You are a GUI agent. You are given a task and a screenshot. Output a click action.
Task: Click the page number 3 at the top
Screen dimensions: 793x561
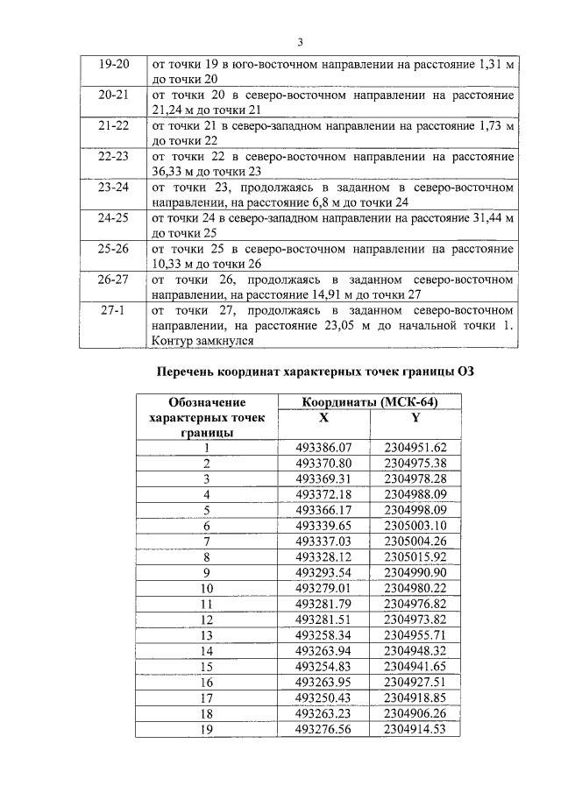coord(300,41)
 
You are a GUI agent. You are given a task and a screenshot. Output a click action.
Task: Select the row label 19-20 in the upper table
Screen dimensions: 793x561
coord(114,65)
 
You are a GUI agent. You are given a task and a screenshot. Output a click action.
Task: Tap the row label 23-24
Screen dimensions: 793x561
coord(114,188)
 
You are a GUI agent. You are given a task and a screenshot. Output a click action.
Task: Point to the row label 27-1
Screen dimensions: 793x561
coord(114,310)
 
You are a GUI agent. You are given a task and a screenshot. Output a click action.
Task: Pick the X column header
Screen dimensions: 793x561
coord(323,417)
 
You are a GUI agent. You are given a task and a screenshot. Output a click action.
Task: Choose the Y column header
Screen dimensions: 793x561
coord(415,417)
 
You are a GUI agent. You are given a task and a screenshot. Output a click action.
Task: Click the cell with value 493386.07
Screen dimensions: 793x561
coord(323,447)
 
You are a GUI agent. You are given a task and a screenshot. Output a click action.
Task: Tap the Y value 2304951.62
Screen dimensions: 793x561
coord(415,447)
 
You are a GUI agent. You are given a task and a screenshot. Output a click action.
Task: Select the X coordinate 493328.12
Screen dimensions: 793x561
coord(323,556)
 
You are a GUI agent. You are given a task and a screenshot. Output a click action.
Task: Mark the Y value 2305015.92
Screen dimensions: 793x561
coord(415,556)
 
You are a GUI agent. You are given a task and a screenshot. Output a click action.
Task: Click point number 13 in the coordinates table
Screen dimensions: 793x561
coord(207,634)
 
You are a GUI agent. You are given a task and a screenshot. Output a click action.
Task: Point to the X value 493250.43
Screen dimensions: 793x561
coord(323,697)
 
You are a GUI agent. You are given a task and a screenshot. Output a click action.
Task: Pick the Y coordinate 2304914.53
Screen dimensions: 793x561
coord(415,729)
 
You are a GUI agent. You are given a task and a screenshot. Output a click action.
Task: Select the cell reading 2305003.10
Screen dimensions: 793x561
coord(415,525)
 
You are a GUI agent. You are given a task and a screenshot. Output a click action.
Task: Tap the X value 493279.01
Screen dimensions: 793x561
coord(323,588)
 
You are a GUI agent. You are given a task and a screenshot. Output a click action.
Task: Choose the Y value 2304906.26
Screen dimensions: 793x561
coord(415,713)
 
